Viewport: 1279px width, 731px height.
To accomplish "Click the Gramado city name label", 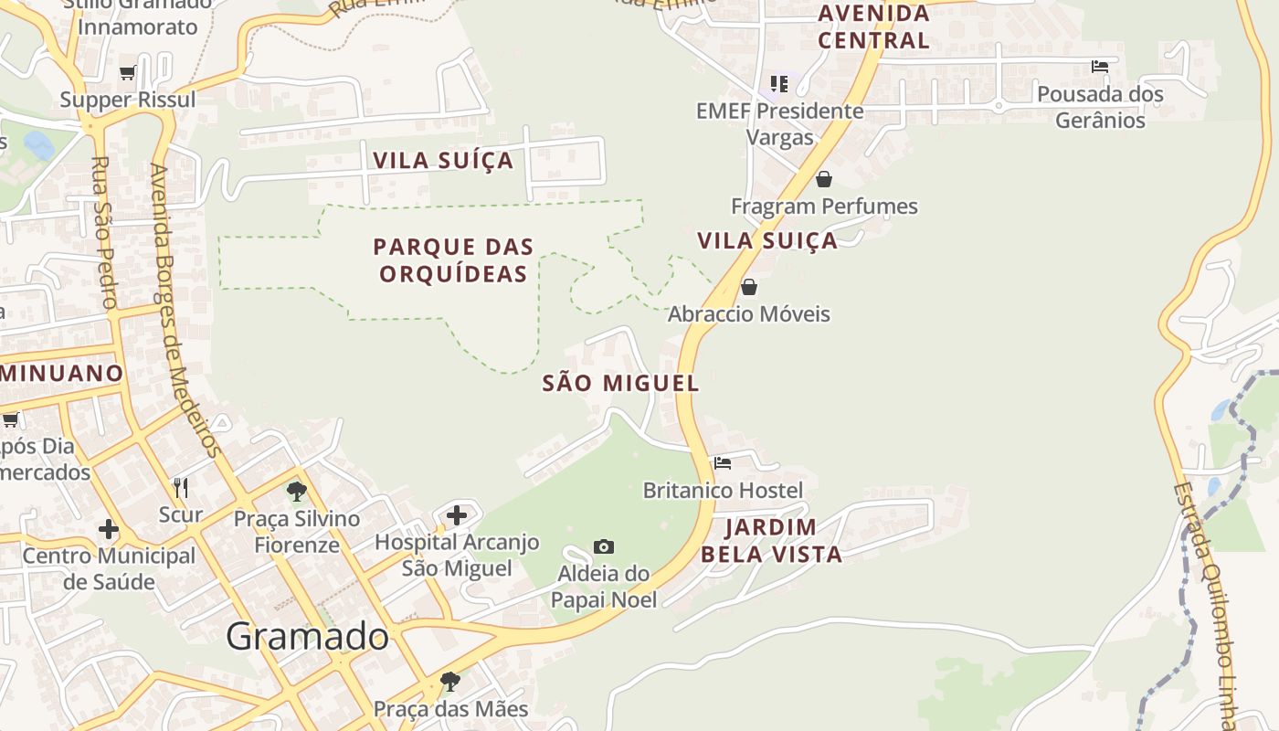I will tap(307, 636).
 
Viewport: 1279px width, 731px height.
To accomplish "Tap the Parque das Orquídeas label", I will tap(453, 260).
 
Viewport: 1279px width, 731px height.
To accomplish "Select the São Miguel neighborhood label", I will tap(621, 383).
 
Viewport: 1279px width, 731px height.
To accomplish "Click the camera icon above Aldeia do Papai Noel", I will tap(604, 546).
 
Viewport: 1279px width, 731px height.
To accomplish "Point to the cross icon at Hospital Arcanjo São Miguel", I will tap(457, 515).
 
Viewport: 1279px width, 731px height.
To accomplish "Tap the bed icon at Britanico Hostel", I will tap(723, 462).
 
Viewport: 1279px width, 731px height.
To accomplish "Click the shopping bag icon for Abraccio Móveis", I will tap(749, 287).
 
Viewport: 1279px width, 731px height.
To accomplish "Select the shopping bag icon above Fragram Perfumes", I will tap(824, 179).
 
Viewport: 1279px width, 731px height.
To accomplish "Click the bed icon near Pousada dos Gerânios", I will tap(1100, 66).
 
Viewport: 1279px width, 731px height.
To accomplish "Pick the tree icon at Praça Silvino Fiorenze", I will tap(297, 492).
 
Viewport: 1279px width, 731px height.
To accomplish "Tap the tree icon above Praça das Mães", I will tap(449, 681).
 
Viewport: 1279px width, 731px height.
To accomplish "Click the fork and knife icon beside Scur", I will tap(181, 487).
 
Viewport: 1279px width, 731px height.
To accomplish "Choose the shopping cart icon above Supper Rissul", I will tap(128, 72).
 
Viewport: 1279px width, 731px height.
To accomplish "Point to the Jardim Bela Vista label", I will tap(772, 540).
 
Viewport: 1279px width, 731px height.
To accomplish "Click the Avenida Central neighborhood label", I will tap(873, 26).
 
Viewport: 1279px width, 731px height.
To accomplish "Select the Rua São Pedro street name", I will tap(104, 233).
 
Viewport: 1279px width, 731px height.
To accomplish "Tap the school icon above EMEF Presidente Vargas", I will tap(778, 84).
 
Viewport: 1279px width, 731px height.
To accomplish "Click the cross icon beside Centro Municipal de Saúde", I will tap(109, 529).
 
